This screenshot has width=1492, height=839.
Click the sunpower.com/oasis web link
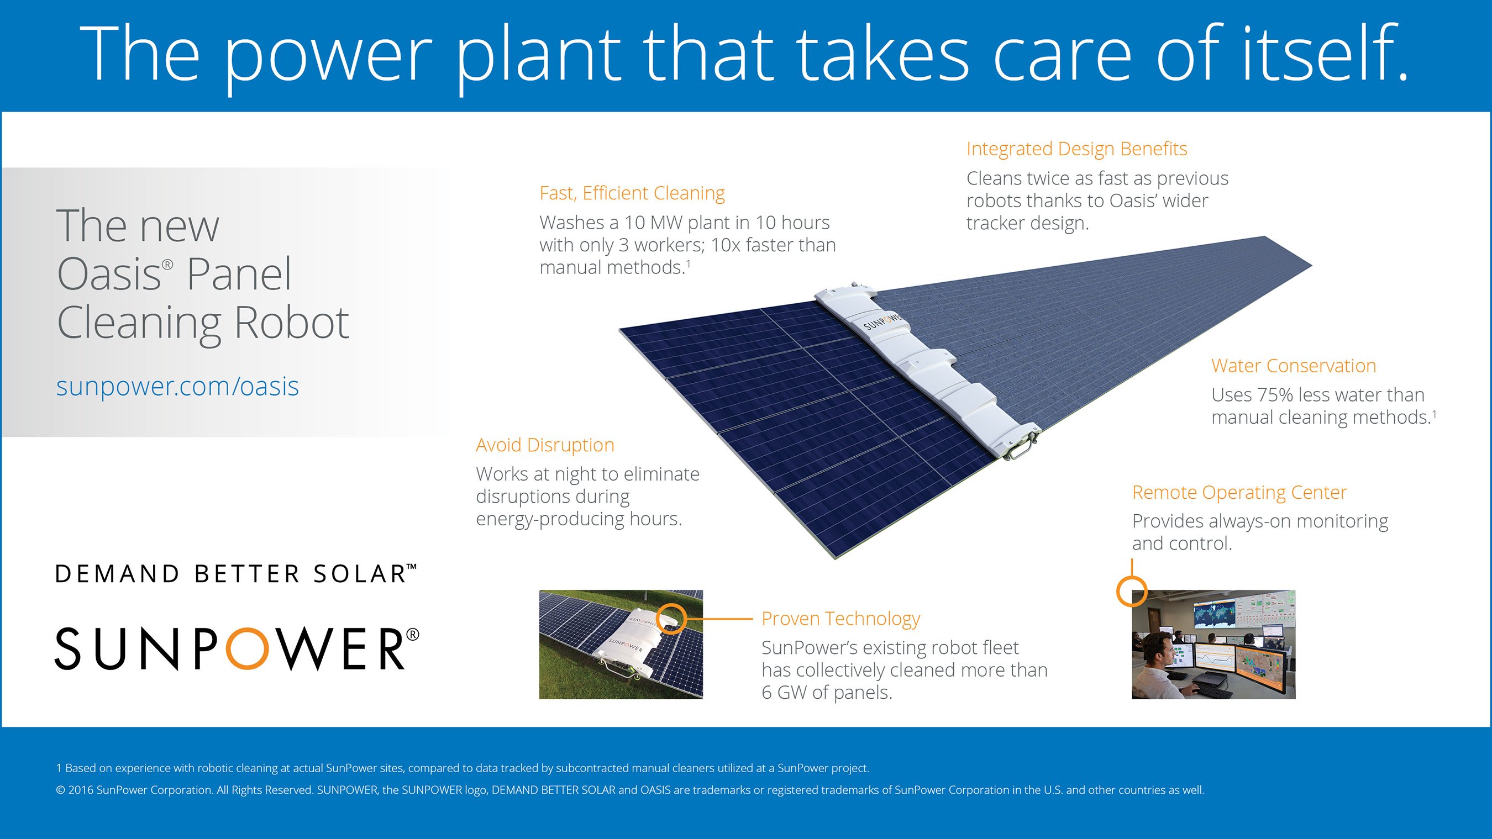(177, 386)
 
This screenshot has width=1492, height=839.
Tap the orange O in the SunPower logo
(248, 648)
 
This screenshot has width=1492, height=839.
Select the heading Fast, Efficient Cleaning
(632, 193)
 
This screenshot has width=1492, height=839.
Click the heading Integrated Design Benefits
(1076, 149)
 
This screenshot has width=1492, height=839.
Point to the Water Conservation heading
(1293, 366)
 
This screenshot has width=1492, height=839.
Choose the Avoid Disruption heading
(545, 445)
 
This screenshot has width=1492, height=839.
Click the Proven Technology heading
(840, 619)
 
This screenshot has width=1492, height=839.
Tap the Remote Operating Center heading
(1239, 493)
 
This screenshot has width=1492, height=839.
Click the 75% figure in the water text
(1275, 395)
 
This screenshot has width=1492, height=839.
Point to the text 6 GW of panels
(827, 693)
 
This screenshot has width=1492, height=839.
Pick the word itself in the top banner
(1325, 54)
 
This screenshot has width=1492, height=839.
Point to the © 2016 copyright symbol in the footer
(60, 790)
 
